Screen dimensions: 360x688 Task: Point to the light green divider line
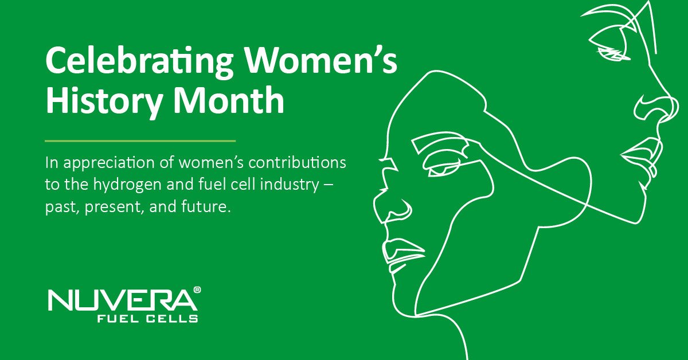pos(140,140)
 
